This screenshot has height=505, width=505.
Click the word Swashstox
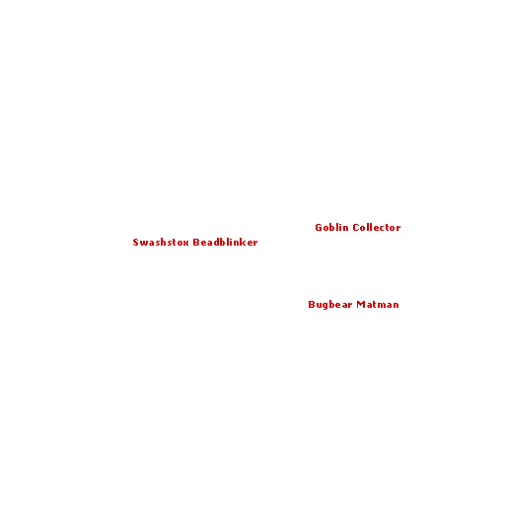coord(161,243)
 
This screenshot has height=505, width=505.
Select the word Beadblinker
coord(225,243)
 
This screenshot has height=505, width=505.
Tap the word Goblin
coord(331,228)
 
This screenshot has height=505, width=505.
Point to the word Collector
coord(377,228)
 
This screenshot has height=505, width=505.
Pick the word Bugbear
coord(330,305)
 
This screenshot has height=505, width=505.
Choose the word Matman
coord(378,305)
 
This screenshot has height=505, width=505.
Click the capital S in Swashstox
coord(135,243)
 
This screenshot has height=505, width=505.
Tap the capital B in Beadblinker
coord(196,243)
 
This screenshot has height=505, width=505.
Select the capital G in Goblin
coord(319,228)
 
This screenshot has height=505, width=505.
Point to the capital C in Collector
coord(356,228)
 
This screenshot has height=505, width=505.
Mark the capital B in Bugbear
coord(312,305)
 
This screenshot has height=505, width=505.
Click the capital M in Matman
coord(361,305)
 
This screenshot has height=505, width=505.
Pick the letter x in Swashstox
coord(185,244)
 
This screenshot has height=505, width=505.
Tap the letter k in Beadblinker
coord(243,243)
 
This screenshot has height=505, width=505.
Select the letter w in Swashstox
coord(144,244)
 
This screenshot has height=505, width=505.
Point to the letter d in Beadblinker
coord(216,243)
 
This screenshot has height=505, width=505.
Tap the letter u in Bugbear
coord(319,306)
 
